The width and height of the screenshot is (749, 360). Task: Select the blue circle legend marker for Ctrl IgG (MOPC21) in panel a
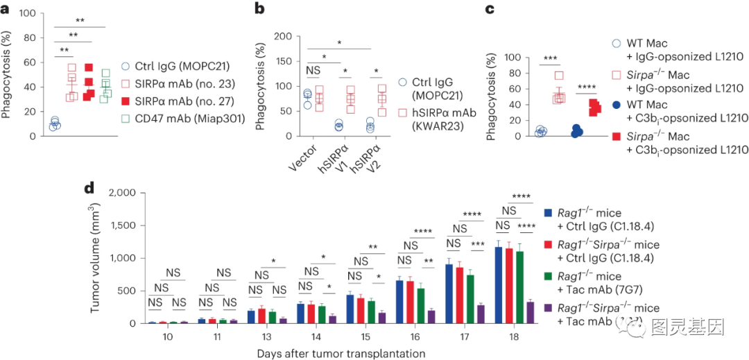coord(125,68)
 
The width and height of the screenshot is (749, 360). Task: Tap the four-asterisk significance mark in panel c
coord(586,87)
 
